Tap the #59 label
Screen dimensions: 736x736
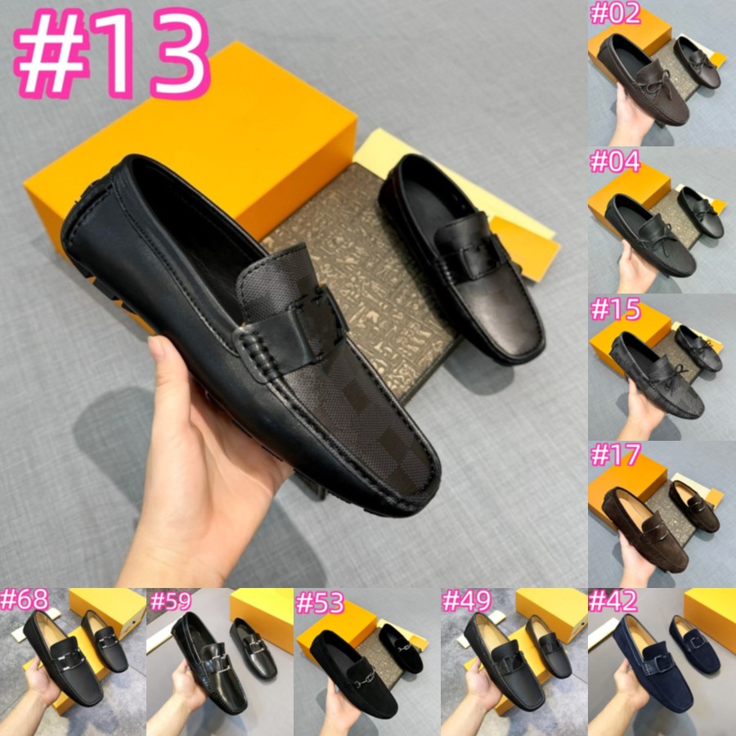(x=171, y=602)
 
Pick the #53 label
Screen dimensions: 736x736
(x=319, y=603)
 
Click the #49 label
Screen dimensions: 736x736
(x=466, y=602)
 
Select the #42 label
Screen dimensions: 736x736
(x=613, y=602)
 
